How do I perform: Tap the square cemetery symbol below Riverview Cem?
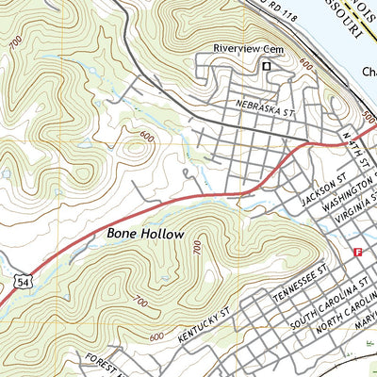pyautogui.click(x=266, y=66)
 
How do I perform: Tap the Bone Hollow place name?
pyautogui.click(x=144, y=232)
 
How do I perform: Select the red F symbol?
pyautogui.click(x=357, y=252)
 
